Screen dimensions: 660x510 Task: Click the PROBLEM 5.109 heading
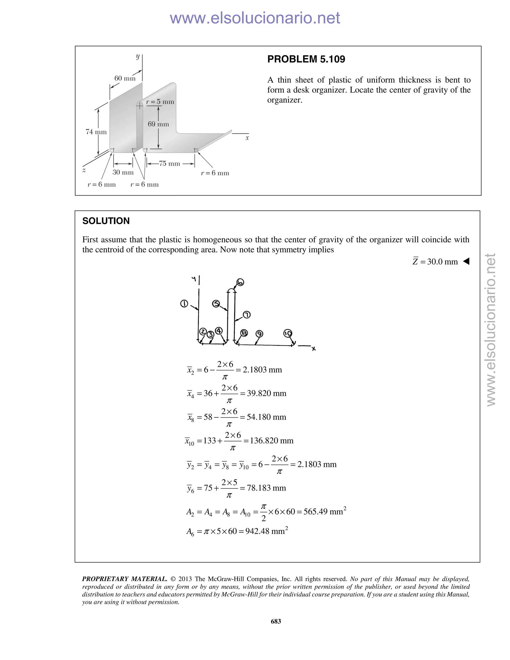pos(306,59)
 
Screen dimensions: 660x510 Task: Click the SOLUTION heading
pos(106,221)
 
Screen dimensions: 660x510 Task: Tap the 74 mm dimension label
pos(96,132)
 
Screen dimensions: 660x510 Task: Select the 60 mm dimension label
pos(125,78)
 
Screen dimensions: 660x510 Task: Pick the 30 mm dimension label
pos(123,172)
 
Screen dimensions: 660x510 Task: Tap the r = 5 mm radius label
pos(160,102)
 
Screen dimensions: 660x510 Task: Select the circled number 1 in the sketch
pos(184,304)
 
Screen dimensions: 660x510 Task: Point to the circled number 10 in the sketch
pos(288,333)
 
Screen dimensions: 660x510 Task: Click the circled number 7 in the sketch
pos(247,315)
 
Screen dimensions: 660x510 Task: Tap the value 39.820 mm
pos(266,394)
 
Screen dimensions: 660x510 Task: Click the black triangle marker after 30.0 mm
pos(466,262)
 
